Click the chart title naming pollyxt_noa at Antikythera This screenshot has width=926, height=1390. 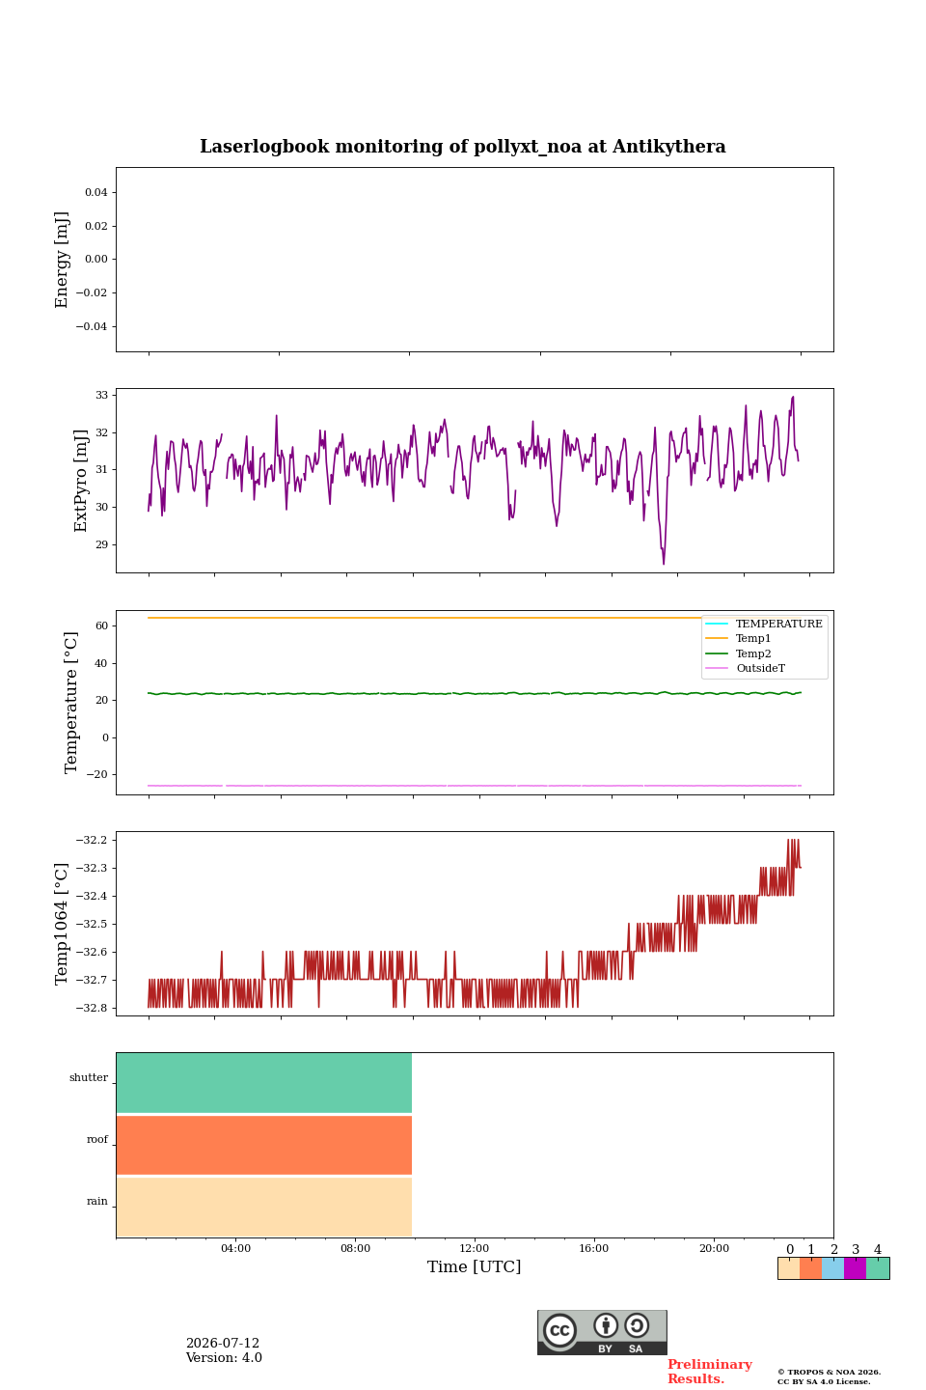[x=463, y=147]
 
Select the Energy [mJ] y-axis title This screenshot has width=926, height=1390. [x=62, y=260]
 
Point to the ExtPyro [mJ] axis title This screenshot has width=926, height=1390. [x=81, y=481]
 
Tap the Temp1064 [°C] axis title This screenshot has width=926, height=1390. [x=62, y=924]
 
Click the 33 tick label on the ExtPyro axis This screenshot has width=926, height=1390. [x=101, y=396]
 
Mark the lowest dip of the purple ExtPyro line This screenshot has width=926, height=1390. [x=664, y=564]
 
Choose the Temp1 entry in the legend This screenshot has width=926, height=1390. [x=753, y=639]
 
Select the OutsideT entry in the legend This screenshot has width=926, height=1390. [x=760, y=668]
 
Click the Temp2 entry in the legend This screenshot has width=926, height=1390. [x=753, y=653]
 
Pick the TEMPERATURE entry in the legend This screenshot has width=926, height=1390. [x=779, y=624]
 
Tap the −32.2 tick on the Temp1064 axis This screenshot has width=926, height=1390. [x=92, y=840]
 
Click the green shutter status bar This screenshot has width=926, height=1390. [x=264, y=1083]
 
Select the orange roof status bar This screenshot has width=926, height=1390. [x=264, y=1145]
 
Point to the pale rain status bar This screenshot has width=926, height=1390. [x=264, y=1207]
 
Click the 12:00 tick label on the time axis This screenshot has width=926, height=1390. [x=475, y=1248]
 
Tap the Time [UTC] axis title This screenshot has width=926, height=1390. [x=475, y=1266]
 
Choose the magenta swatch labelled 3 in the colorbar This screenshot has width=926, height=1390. [x=856, y=1268]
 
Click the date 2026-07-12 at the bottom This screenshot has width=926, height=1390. [x=223, y=1343]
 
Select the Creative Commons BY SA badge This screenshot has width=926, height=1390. [x=602, y=1332]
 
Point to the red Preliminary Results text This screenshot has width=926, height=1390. [x=710, y=1372]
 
